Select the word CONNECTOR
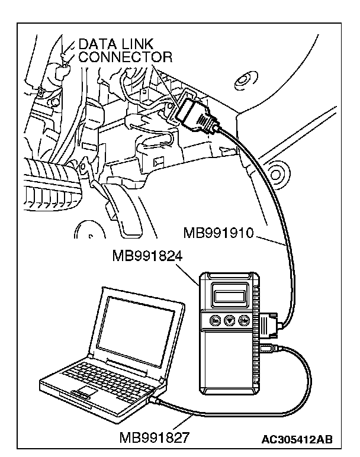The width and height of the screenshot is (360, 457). pyautogui.click(x=126, y=57)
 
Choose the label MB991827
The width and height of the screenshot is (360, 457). pyautogui.click(x=155, y=439)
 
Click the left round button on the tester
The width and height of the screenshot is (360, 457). pyautogui.click(x=215, y=321)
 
